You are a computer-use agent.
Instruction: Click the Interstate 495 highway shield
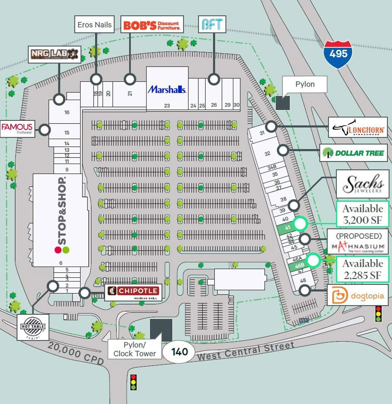click(x=338, y=54)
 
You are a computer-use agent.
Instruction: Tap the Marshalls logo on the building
click(x=167, y=90)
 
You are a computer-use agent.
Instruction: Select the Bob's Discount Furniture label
click(x=152, y=25)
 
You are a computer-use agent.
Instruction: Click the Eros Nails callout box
click(x=94, y=25)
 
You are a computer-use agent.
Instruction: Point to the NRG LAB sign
click(x=55, y=54)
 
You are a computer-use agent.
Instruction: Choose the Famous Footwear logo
click(x=17, y=129)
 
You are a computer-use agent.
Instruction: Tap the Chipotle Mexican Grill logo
click(x=133, y=292)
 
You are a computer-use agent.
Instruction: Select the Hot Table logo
click(x=33, y=327)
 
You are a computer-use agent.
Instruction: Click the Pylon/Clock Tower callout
click(x=134, y=349)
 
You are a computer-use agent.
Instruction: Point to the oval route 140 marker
click(x=179, y=352)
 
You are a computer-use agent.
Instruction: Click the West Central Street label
click(x=246, y=351)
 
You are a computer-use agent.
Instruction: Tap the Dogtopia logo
click(x=357, y=295)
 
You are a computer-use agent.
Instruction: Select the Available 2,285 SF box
click(x=363, y=269)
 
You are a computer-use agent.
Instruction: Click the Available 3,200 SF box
click(x=362, y=214)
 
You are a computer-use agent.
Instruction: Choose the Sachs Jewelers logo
click(x=363, y=184)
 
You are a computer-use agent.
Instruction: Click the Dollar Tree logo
click(x=353, y=153)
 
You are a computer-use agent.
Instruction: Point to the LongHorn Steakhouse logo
click(x=358, y=127)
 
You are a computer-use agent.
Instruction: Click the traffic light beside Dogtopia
click(x=379, y=313)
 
